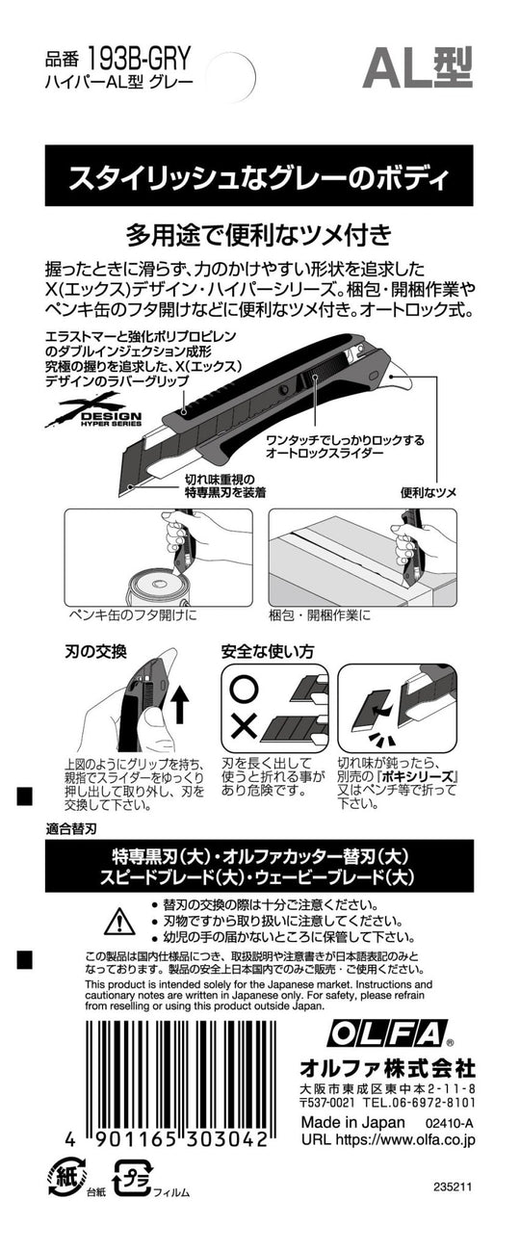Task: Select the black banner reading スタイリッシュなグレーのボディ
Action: coord(259,178)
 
